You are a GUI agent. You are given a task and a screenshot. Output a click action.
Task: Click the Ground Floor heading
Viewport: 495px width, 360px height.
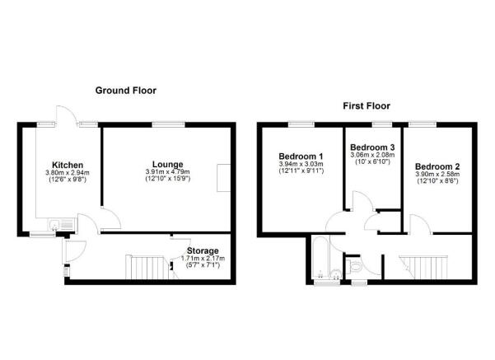tap(125, 90)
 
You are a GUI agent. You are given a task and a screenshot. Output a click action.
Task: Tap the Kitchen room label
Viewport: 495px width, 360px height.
tap(66, 163)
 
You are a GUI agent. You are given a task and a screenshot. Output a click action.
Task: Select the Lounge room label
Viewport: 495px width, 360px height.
tap(167, 163)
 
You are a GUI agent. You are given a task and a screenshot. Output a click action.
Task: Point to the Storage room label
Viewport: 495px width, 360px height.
tap(203, 250)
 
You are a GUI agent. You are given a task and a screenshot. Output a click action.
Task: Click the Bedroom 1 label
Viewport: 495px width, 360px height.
tap(301, 156)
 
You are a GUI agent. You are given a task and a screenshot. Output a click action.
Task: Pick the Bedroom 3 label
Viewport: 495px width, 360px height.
tap(372, 147)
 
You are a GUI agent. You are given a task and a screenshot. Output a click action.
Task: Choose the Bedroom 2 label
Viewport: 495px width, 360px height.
tap(438, 166)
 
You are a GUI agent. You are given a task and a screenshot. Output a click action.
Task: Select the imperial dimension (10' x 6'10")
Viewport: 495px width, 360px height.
tap(372, 161)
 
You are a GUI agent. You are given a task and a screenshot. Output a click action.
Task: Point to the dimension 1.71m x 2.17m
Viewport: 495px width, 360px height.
tap(203, 259)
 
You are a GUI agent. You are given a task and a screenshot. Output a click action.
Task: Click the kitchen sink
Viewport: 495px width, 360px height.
tap(56, 223)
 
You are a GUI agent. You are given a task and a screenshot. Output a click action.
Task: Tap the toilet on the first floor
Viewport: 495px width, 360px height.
tap(354, 266)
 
